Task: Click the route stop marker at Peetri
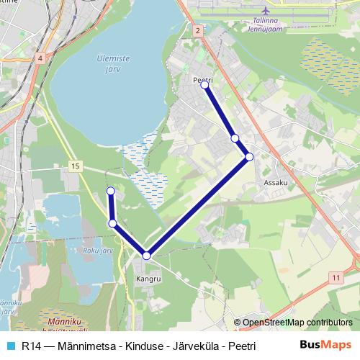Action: coord(204,85)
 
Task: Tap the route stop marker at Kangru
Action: coord(146,256)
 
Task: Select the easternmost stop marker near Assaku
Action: coord(249,156)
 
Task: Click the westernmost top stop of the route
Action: coord(111,191)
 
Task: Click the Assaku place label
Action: coord(276,183)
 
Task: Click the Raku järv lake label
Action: coord(99,251)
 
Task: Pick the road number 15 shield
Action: coord(75,166)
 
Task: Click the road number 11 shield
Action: coord(336,276)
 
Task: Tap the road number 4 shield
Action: coord(40,57)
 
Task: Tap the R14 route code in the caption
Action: coord(30,346)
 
